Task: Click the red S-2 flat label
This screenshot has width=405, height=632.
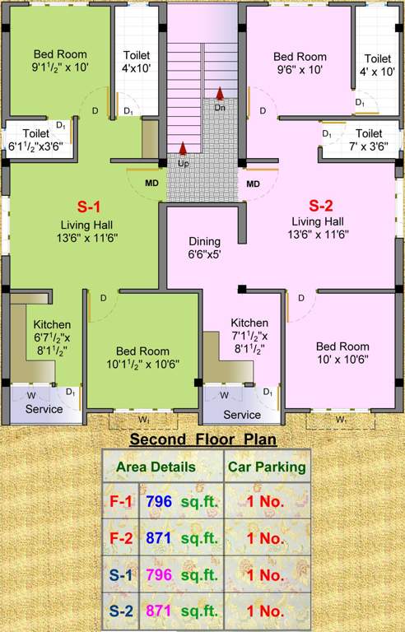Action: coord(320,205)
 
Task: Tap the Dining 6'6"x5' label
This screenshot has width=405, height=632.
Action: coord(205,248)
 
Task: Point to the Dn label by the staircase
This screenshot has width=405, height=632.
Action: coord(220,107)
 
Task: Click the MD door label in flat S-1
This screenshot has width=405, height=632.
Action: coord(152,183)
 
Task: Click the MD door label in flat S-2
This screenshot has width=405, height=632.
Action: coord(253,183)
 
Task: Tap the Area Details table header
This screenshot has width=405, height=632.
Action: coord(156,467)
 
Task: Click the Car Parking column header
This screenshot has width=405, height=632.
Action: coord(267,467)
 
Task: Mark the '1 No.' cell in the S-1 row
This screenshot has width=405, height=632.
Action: coord(267,574)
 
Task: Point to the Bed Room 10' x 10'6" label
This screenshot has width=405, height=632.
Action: coord(342,352)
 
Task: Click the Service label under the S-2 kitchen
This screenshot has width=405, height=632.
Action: coord(242,414)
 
